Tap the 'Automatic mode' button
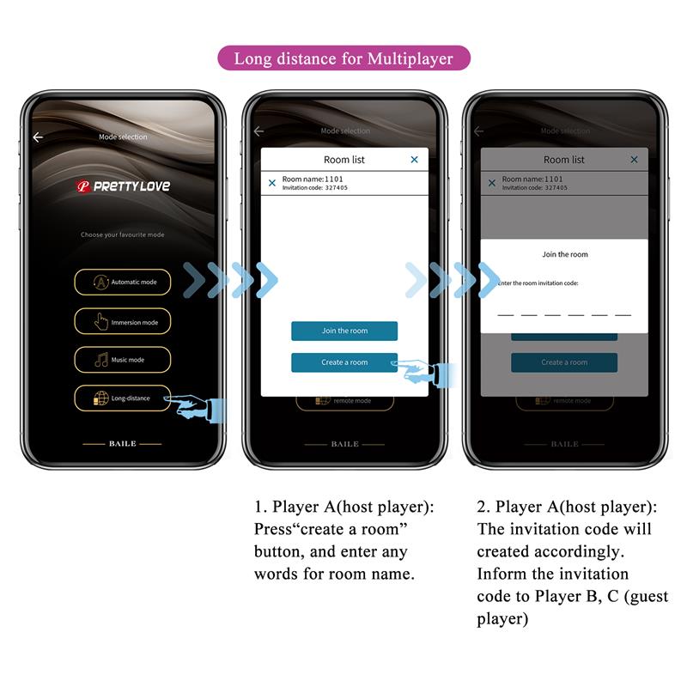pyautogui.click(x=122, y=282)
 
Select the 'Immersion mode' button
pyautogui.click(x=122, y=322)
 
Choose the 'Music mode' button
pyautogui.click(x=122, y=360)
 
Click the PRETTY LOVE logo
pyautogui.click(x=123, y=186)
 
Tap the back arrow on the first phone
pyautogui.click(x=38, y=137)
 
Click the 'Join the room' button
pyautogui.click(x=343, y=331)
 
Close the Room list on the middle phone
pyautogui.click(x=415, y=160)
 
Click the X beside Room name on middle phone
pyautogui.click(x=272, y=183)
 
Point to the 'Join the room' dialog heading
pyautogui.click(x=564, y=254)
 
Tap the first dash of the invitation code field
pyautogui.click(x=506, y=315)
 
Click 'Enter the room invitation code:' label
pyautogui.click(x=538, y=283)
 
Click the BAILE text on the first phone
pyautogui.click(x=122, y=444)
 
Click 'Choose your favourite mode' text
pyautogui.click(x=122, y=234)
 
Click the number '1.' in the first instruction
pyautogui.click(x=260, y=508)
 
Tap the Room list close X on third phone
pyautogui.click(x=635, y=160)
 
